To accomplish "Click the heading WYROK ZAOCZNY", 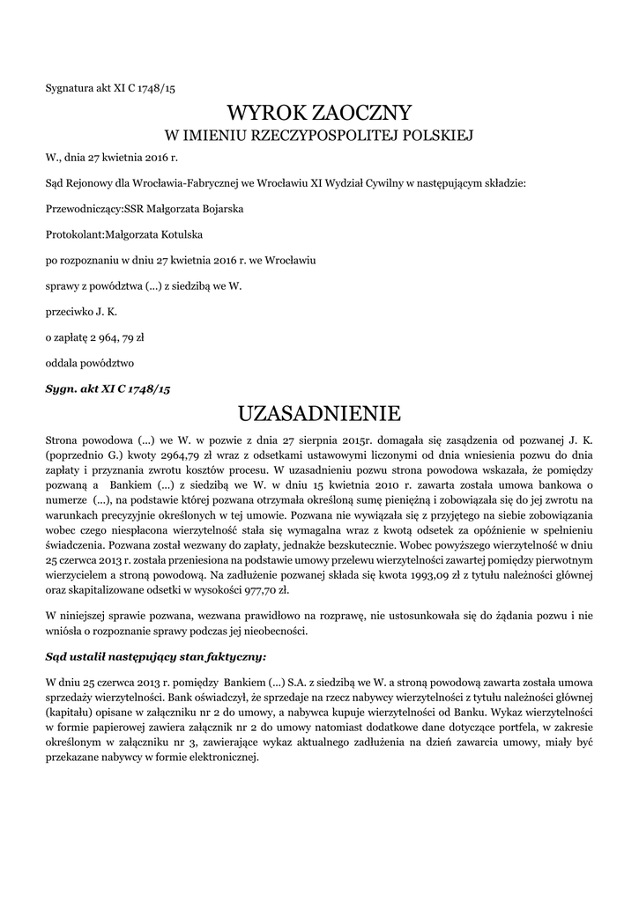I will coord(319,113).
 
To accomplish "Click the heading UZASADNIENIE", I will coord(319,413).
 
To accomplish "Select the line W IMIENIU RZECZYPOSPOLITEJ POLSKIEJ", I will coord(320,136).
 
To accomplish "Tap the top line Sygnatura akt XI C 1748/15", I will coord(110,88).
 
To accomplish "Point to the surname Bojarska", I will coord(219,210).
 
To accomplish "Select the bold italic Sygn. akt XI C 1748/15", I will coord(108,388).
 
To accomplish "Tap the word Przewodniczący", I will coord(80,210).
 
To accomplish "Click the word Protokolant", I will coord(75,235).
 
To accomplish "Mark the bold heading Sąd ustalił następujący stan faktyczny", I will coord(155,656).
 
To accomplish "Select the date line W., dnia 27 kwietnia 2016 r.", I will coord(112,159).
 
